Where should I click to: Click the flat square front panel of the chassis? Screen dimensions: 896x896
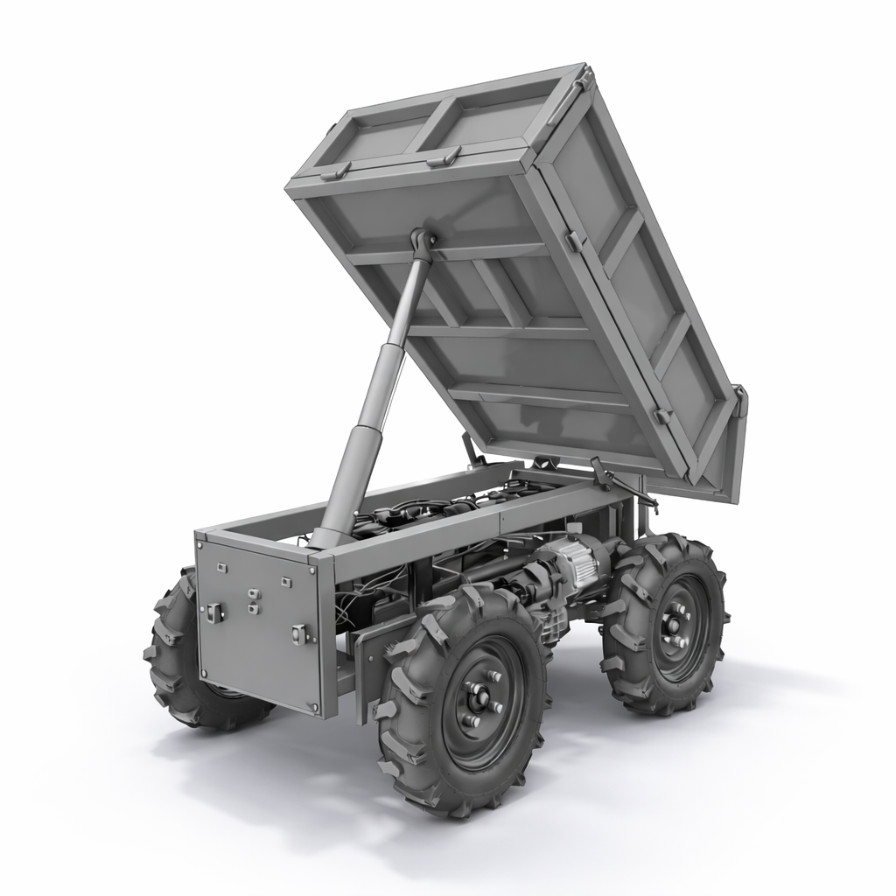pos(258,626)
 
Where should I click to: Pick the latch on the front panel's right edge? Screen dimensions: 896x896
pos(300,633)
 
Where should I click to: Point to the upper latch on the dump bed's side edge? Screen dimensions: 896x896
pos(573,241)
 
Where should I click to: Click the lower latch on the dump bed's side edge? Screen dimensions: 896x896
pos(662,415)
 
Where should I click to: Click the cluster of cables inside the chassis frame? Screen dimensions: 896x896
pos(437,512)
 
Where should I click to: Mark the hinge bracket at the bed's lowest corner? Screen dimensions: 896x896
pos(739,402)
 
